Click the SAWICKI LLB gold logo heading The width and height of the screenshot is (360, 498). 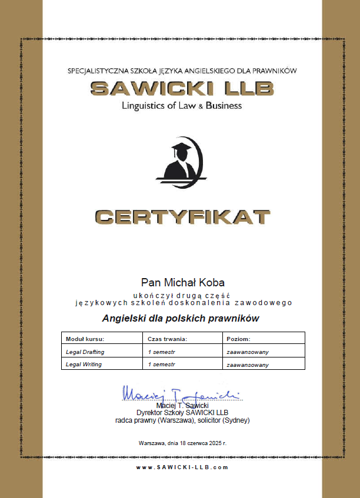click(x=182, y=88)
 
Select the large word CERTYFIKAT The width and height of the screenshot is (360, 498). click(x=182, y=217)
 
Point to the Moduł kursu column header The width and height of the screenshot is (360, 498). click(x=85, y=339)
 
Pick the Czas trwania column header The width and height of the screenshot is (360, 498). click(x=168, y=339)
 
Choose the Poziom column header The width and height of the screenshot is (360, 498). click(x=238, y=339)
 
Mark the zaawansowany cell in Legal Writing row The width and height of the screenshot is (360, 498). click(x=248, y=365)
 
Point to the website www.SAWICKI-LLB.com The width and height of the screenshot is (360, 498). click(x=182, y=467)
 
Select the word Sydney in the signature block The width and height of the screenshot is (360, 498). click(x=237, y=420)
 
